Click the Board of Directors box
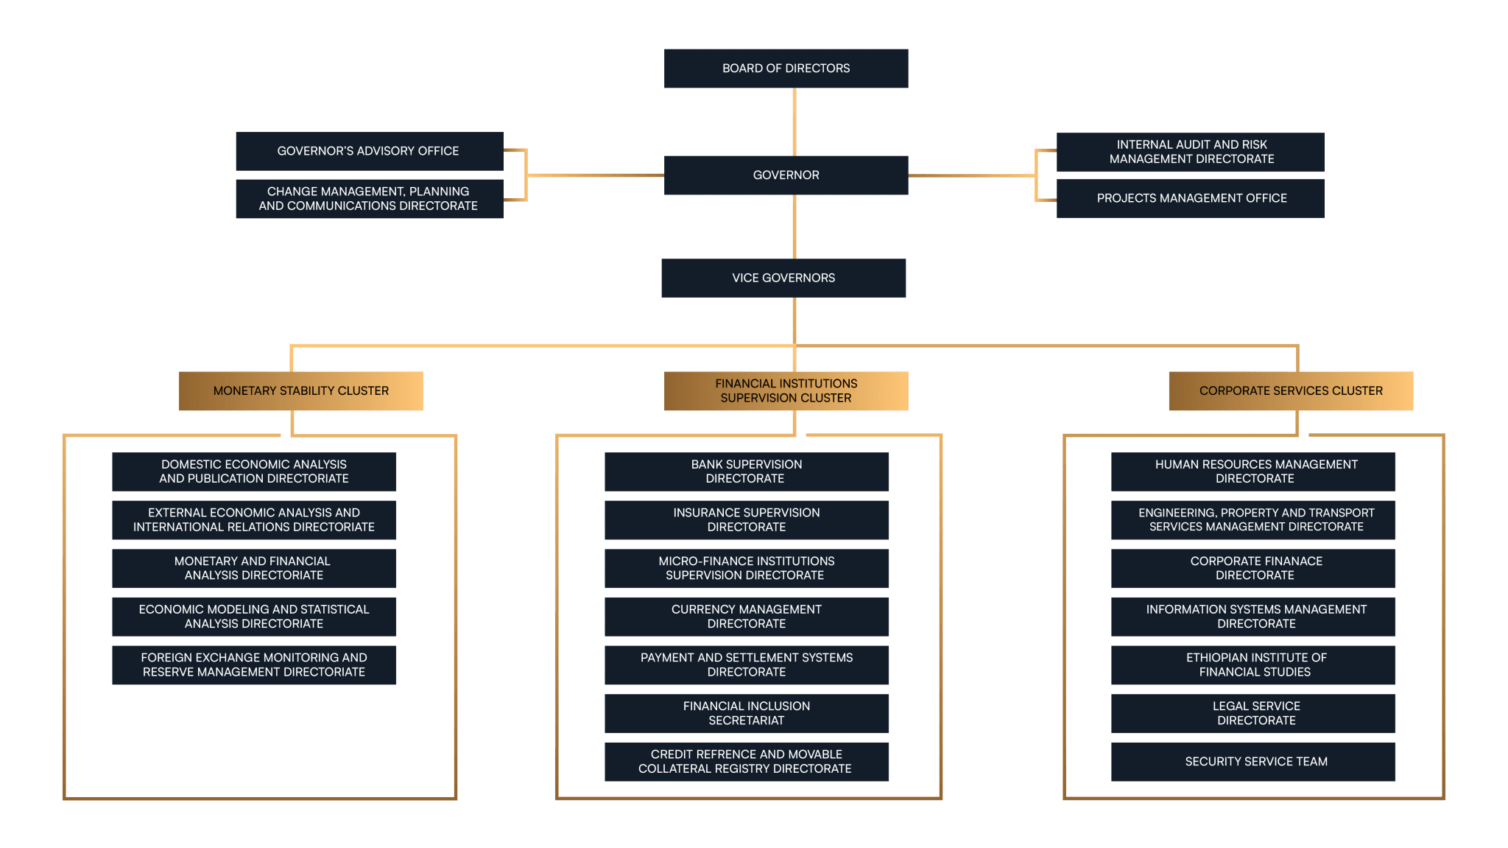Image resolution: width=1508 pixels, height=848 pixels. click(786, 69)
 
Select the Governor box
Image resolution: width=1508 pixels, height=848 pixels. click(786, 175)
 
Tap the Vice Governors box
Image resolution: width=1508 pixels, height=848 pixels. click(783, 278)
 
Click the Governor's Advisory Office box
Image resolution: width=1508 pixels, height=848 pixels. click(370, 151)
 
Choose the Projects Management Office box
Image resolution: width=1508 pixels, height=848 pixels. click(1191, 198)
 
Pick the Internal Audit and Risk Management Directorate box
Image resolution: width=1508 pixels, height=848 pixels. click(1191, 152)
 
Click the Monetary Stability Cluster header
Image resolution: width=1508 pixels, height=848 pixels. click(301, 390)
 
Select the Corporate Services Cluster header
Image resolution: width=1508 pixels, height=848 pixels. click(1291, 390)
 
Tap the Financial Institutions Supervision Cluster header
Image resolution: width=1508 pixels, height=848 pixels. click(786, 390)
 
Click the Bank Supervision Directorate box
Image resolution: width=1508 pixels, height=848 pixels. click(747, 472)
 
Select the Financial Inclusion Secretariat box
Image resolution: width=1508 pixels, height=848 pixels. click(747, 713)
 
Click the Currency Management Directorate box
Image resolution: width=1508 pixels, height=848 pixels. click(747, 617)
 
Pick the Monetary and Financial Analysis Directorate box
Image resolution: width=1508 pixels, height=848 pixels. click(254, 568)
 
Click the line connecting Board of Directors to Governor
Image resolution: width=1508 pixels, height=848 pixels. click(794, 122)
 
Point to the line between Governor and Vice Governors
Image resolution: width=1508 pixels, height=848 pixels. click(794, 227)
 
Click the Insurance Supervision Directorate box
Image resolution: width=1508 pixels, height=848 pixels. click(747, 520)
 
